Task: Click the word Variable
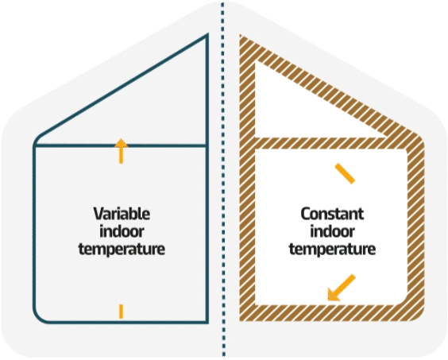[x=122, y=214]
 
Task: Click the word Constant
[x=332, y=214]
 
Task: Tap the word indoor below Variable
[x=122, y=231]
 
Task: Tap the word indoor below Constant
[x=332, y=231]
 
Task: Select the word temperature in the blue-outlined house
[x=122, y=249]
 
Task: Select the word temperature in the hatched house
[x=332, y=249]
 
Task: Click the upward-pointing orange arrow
[x=122, y=151]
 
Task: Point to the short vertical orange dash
[x=122, y=312]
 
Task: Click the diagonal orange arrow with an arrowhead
[x=342, y=288]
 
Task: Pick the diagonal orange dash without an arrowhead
[x=346, y=173]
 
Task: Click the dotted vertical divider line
[x=223, y=180]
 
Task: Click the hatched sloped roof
[x=331, y=86]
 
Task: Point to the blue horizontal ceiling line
[x=120, y=145]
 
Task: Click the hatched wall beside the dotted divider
[x=247, y=183]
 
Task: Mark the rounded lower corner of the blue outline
[x=39, y=318]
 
